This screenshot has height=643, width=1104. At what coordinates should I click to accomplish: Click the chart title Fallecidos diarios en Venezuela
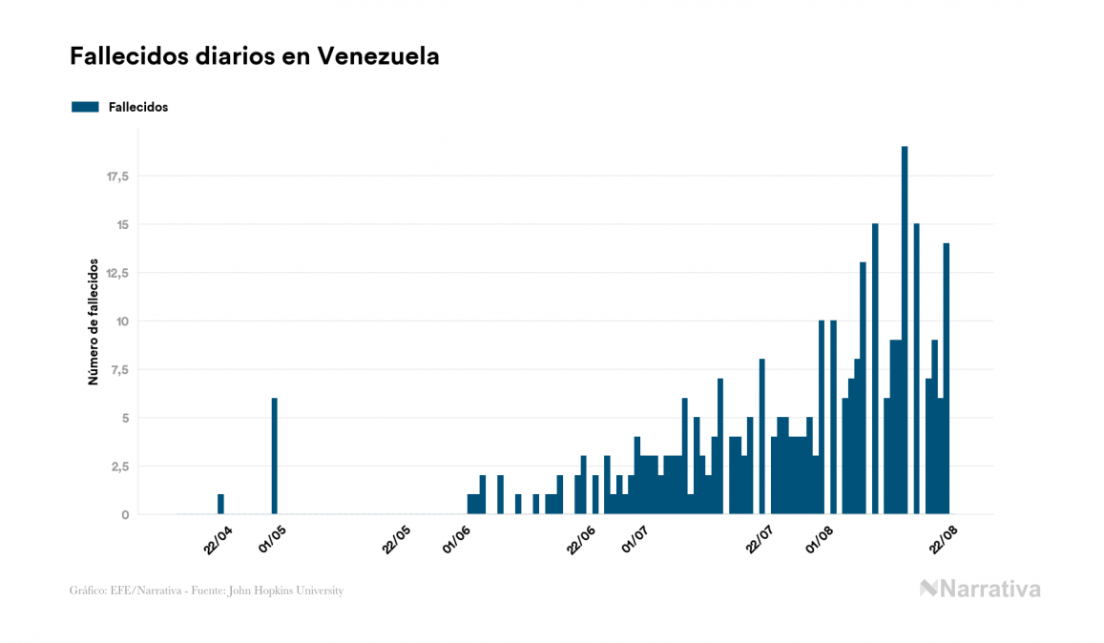point(255,56)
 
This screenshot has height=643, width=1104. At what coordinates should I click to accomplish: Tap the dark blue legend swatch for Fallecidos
point(85,107)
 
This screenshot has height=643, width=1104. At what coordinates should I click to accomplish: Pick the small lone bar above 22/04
point(220,504)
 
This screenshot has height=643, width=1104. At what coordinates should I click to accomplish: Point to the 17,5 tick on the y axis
point(117,176)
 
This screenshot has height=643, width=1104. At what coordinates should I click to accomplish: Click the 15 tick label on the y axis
point(122,225)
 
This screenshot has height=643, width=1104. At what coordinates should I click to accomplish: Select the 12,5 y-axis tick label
point(117,273)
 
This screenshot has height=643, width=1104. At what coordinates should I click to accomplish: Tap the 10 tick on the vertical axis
point(122,321)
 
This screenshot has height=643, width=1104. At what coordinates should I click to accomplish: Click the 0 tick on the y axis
point(125,515)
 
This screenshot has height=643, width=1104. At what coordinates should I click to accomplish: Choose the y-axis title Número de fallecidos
point(94,321)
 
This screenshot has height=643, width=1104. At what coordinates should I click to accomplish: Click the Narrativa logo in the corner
point(980,589)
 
